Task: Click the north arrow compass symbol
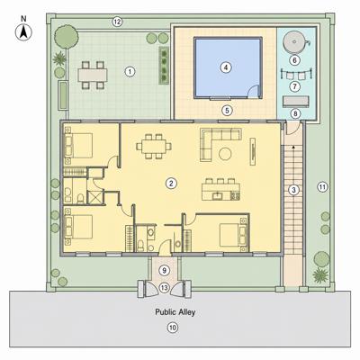click(x=23, y=32)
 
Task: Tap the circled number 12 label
click(x=117, y=22)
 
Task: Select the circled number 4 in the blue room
click(x=226, y=67)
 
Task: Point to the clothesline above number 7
click(x=295, y=74)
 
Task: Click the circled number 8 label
click(x=295, y=113)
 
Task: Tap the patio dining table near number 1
click(x=93, y=75)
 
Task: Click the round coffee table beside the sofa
click(x=225, y=154)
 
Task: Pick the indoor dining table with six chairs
click(x=154, y=147)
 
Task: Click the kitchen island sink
click(x=217, y=196)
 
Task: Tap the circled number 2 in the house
click(x=171, y=183)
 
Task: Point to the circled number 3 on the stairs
click(x=293, y=190)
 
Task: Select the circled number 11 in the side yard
click(x=322, y=187)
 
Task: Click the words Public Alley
click(x=175, y=312)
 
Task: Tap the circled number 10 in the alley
click(x=173, y=328)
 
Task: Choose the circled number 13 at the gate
click(x=165, y=287)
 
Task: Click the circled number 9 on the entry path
click(x=164, y=271)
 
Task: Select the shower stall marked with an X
click(x=95, y=197)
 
